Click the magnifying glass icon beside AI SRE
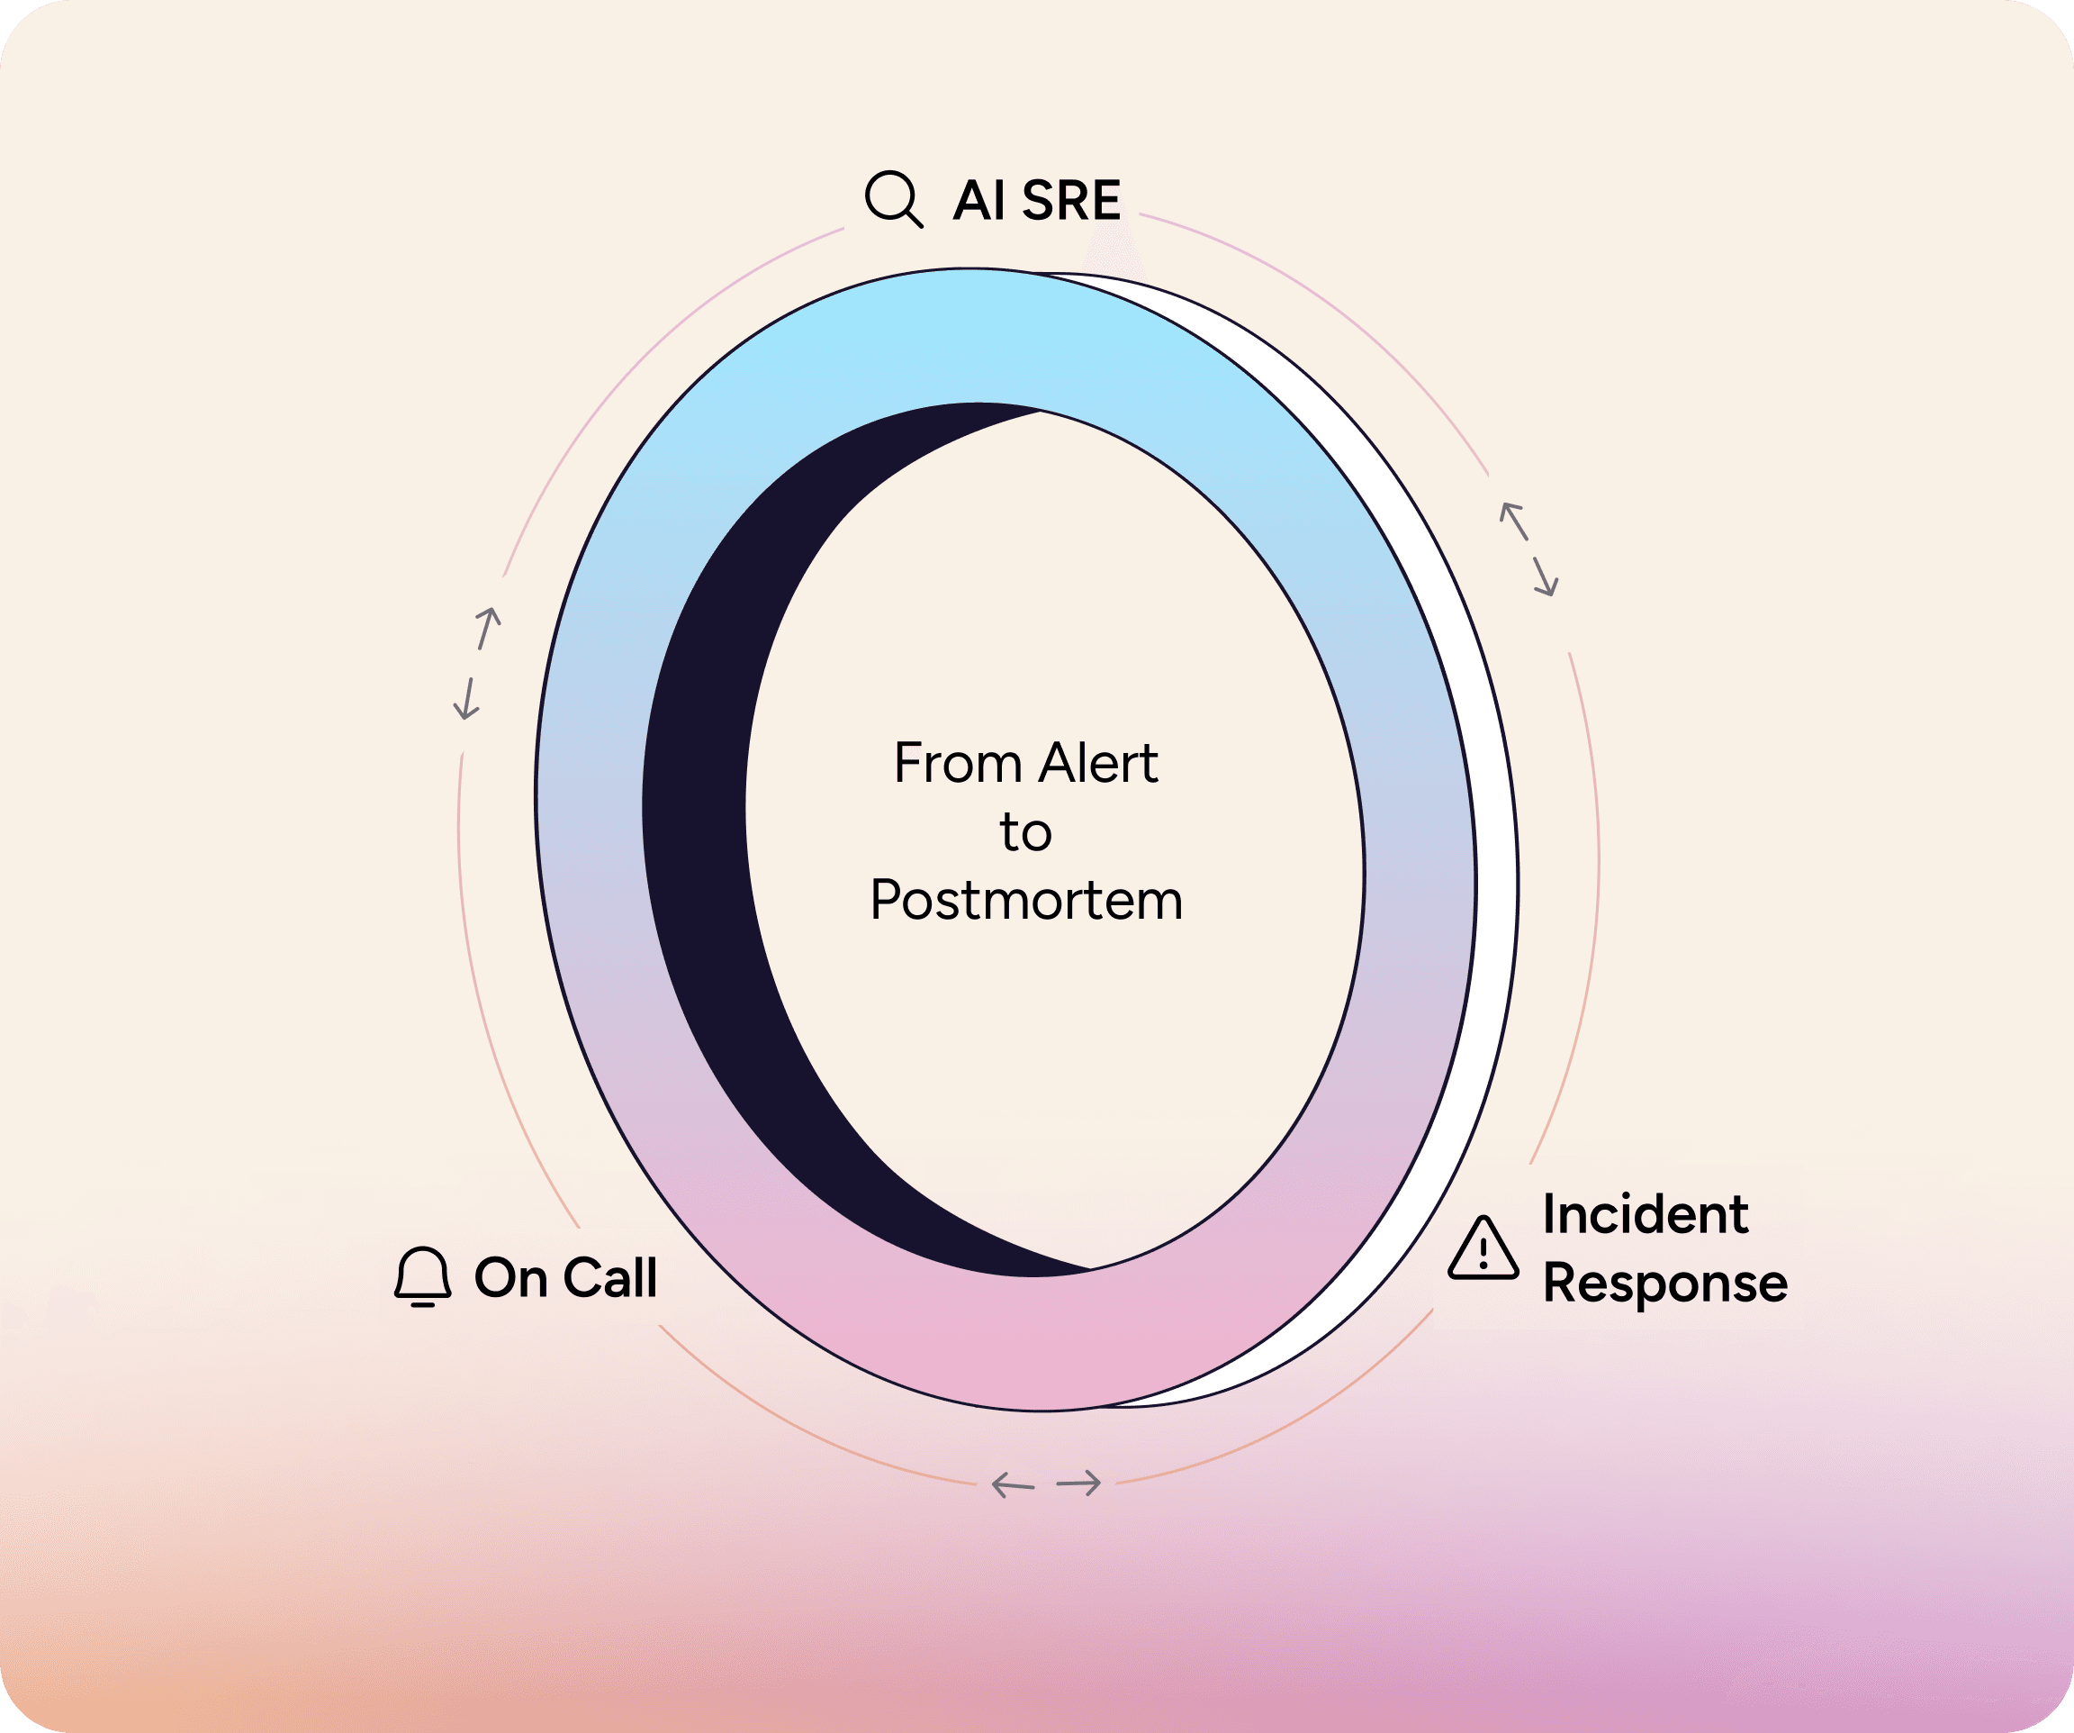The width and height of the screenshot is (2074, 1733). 893,198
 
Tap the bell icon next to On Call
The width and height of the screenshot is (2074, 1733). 423,1276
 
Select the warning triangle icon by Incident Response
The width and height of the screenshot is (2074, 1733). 1483,1250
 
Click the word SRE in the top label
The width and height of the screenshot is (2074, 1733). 1071,201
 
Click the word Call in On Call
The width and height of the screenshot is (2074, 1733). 609,1277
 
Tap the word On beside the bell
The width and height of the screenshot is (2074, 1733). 510,1277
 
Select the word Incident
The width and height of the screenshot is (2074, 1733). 1646,1214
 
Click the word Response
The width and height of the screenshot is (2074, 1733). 1665,1284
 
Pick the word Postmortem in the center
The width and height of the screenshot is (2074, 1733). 1026,900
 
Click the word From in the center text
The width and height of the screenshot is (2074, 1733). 957,764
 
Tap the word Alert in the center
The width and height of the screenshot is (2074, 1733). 1098,764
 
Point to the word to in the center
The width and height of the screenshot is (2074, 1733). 1025,832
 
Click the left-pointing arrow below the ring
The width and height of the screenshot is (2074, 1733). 1013,1484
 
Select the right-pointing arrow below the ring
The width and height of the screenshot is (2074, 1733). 1078,1483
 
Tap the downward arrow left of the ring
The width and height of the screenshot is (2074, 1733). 466,699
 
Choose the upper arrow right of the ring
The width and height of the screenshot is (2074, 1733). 1514,522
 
